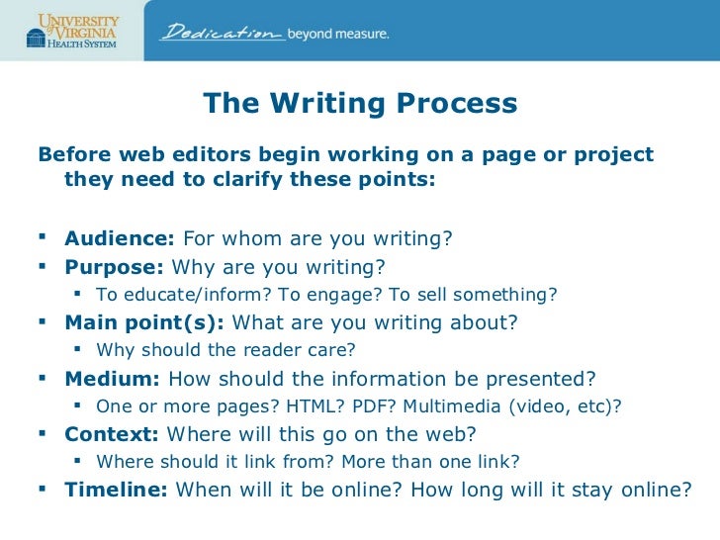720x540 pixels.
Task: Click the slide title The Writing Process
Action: pos(360,104)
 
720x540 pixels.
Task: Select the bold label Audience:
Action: pos(120,239)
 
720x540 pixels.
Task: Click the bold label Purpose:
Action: pos(115,267)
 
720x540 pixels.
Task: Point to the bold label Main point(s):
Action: pos(143,322)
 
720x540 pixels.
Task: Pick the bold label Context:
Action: pos(113,433)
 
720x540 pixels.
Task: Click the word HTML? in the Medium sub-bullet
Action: pos(291,405)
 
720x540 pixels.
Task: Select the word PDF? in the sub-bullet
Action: pos(351,405)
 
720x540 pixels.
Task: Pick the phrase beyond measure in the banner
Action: pos(337,34)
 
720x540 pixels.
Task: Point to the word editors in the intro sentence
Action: pos(211,156)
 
